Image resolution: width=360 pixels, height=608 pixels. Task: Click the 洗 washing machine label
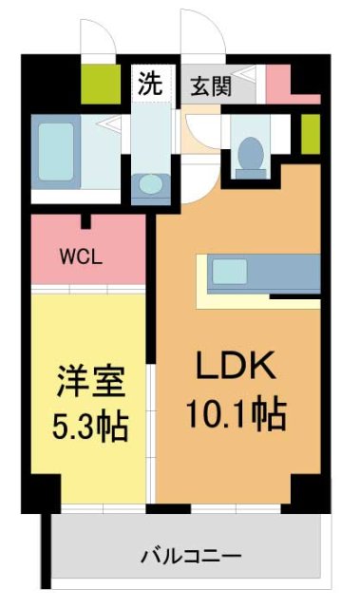pos(150,83)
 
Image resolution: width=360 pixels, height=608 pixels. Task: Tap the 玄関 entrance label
pos(209,85)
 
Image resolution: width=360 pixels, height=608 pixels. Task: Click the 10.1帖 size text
pos(236,414)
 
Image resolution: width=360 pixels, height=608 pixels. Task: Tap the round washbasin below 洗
pos(149,183)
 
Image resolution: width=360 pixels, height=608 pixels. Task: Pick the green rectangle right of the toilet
pos(309,134)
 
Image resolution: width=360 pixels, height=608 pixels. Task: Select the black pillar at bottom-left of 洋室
pos(40,494)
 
